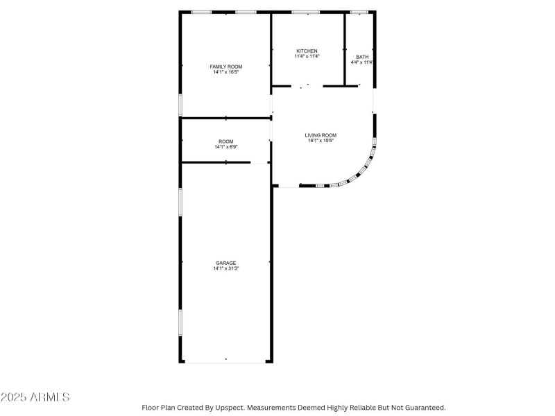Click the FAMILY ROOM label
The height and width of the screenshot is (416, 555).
click(226, 67)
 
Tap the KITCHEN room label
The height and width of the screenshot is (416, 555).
click(307, 51)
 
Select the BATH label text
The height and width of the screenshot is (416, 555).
click(362, 57)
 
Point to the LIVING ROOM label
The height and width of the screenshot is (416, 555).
click(321, 135)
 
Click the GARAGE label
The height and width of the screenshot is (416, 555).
click(225, 263)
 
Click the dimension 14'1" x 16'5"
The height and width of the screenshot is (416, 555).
click(226, 72)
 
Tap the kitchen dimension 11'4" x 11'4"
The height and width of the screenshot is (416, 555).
click(307, 57)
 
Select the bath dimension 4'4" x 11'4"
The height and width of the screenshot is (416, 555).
click(363, 62)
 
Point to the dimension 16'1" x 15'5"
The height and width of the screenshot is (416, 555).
click(321, 141)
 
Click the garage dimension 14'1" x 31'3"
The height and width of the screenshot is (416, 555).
click(225, 268)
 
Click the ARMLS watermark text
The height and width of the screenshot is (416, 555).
click(49, 397)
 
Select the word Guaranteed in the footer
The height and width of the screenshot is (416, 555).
click(421, 408)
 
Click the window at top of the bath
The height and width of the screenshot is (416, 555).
click(359, 12)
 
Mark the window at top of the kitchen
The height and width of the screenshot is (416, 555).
click(305, 12)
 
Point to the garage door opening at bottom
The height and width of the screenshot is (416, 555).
click(226, 361)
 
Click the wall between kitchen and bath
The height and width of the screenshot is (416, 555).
click(345, 49)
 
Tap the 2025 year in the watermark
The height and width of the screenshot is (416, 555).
click(14, 397)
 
